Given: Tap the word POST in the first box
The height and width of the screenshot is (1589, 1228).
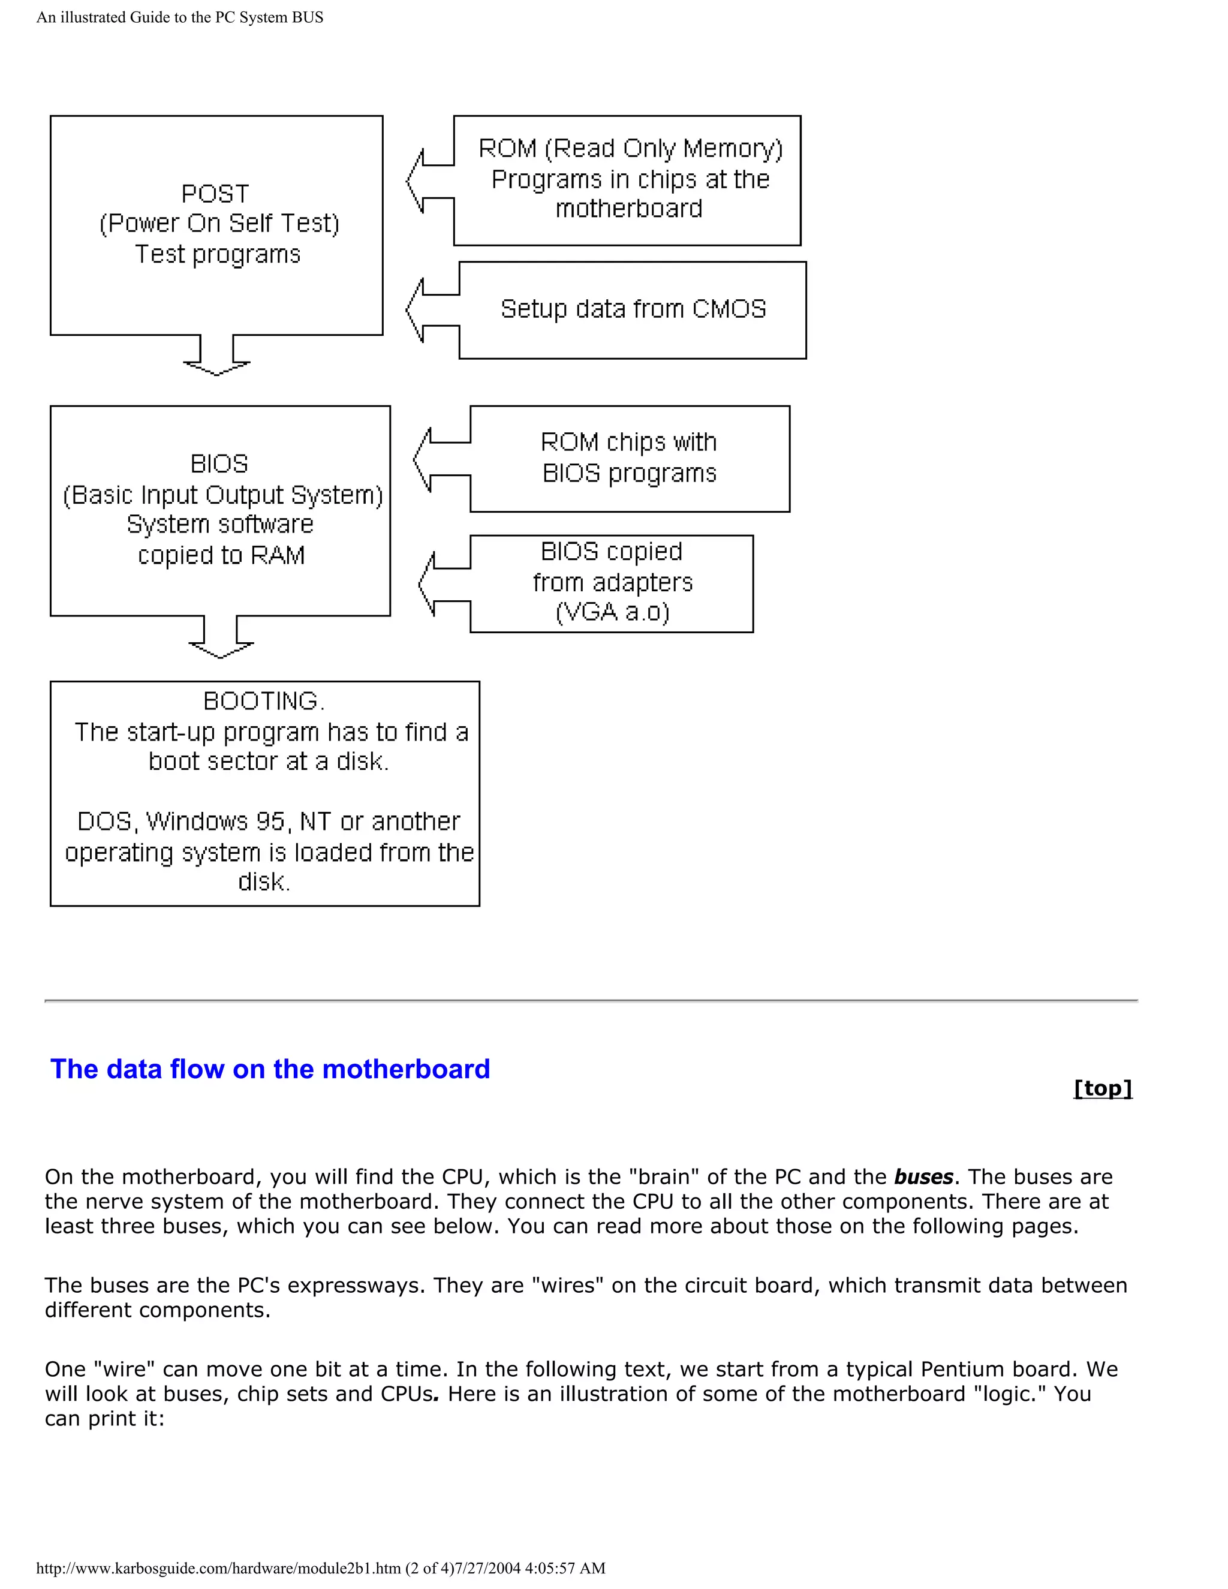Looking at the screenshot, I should [x=215, y=194].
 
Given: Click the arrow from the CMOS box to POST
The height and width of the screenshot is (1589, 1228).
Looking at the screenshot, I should [x=431, y=311].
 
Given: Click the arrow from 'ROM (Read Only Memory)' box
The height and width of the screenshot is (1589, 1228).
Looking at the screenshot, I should [x=430, y=181].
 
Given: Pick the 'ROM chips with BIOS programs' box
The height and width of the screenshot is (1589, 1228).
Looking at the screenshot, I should [x=629, y=458].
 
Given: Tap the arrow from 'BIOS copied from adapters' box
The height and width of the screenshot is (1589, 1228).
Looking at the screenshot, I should [x=444, y=584].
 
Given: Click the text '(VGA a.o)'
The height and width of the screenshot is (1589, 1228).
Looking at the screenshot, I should [x=612, y=612].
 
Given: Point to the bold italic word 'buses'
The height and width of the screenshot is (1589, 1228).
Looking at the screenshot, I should [x=923, y=1177].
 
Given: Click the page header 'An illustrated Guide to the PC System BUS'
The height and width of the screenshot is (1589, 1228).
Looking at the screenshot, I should [x=180, y=17].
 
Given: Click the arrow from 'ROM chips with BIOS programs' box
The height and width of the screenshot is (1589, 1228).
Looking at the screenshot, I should [x=441, y=459].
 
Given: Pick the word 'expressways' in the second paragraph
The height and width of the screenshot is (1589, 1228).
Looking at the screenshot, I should [x=352, y=1286].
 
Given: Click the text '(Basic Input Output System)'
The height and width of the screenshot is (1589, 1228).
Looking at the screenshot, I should [x=222, y=495].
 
